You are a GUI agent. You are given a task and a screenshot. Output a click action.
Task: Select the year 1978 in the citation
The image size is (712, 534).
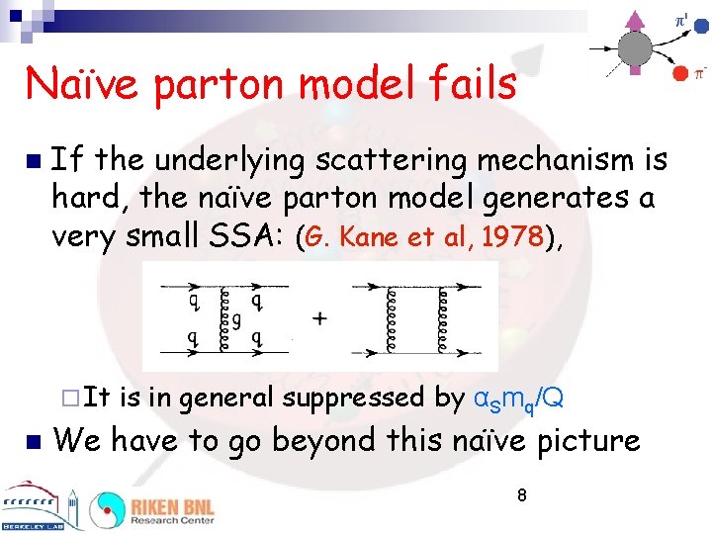(x=517, y=236)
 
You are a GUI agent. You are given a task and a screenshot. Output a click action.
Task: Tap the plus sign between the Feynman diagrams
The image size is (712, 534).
(x=319, y=319)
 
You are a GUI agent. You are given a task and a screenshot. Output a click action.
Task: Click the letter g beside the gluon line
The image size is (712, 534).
(x=236, y=319)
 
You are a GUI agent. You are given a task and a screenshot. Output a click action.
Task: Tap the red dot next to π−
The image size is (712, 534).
(x=678, y=73)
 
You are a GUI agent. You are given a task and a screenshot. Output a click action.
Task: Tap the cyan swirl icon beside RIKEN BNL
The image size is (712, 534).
(x=106, y=509)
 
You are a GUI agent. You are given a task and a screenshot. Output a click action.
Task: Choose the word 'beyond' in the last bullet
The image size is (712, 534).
(x=326, y=440)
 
